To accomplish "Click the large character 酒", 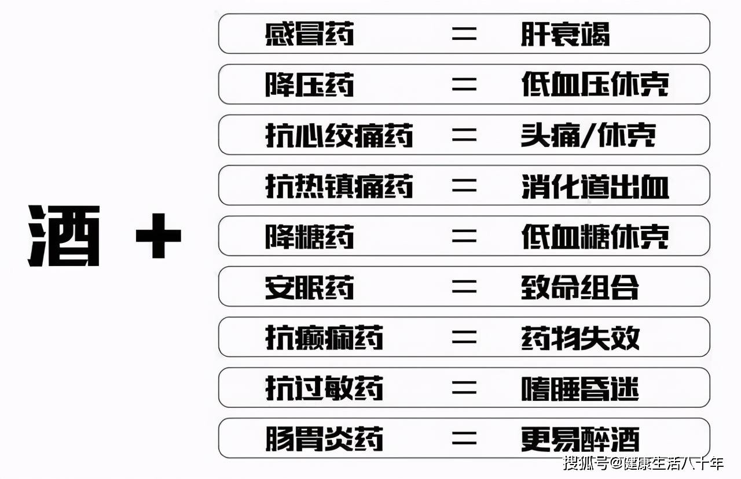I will [65, 236].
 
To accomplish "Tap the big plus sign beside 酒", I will [158, 235].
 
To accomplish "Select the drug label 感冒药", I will [309, 35].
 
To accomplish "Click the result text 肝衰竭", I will [565, 35].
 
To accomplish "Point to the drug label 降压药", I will [309, 85].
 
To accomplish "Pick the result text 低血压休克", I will [595, 85].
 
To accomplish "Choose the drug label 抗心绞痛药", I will [339, 136].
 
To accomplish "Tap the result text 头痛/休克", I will [588, 136].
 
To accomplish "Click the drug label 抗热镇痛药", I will [339, 186].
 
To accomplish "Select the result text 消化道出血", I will [595, 186].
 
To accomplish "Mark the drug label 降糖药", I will [309, 237].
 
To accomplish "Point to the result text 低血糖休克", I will [595, 237].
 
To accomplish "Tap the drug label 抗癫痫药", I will [324, 338].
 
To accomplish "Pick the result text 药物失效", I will [580, 338].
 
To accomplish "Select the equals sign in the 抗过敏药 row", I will [464, 388].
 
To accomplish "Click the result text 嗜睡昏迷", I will [580, 388].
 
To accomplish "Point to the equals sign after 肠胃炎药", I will [464, 439].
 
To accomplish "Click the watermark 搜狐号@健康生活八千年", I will [643, 463].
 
